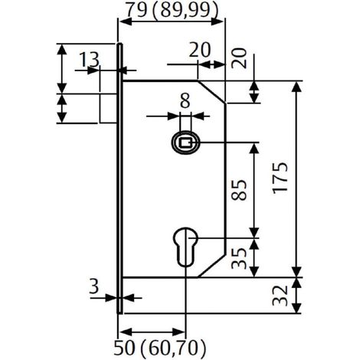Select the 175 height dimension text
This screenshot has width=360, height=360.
[x=280, y=178]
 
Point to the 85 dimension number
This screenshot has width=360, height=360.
[x=239, y=190]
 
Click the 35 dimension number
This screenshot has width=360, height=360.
[x=239, y=258]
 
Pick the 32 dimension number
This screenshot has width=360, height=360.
[x=280, y=296]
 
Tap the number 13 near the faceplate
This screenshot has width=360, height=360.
[x=89, y=60]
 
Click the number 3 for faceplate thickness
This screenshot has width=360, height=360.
[x=94, y=286]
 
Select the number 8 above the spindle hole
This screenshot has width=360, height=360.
[x=185, y=101]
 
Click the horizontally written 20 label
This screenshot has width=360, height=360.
[x=200, y=50]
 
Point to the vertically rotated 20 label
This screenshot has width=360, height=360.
[x=239, y=58]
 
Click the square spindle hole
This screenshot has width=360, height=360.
[x=185, y=142]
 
